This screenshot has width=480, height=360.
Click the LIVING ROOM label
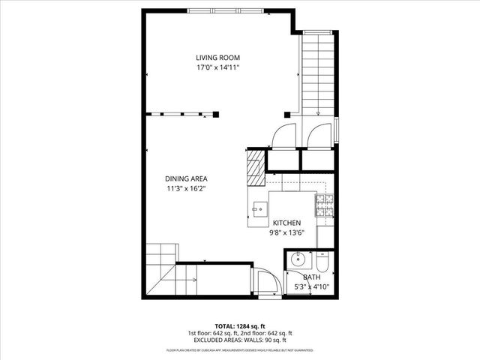click(217, 58)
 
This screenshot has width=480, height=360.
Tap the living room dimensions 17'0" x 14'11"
click(217, 67)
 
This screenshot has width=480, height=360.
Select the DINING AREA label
click(186, 178)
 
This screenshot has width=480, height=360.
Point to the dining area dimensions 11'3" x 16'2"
click(186, 188)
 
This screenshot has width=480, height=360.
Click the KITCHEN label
click(286, 223)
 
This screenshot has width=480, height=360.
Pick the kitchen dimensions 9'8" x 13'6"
click(286, 232)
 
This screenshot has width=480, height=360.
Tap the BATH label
click(311, 277)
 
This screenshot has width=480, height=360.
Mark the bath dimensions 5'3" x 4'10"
click(311, 286)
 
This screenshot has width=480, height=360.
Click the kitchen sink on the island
click(260, 208)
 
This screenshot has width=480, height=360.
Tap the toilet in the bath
click(322, 262)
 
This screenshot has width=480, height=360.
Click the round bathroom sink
click(297, 262)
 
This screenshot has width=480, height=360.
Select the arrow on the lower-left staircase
click(193, 280)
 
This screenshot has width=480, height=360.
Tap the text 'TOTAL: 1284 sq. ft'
click(240, 326)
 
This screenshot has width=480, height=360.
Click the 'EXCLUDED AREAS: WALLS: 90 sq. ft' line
click(240, 340)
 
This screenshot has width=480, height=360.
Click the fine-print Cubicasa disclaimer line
click(240, 350)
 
